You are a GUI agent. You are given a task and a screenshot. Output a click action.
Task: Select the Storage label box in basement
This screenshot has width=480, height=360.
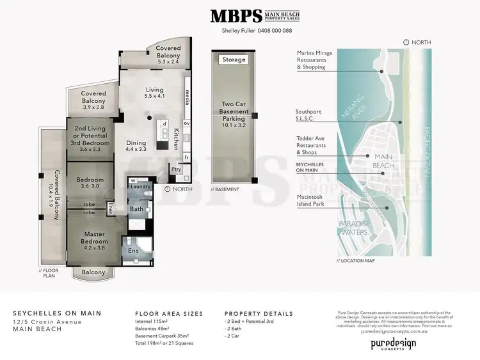point(233,59)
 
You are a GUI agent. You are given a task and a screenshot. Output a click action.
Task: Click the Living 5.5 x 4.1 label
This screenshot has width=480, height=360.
point(154,92)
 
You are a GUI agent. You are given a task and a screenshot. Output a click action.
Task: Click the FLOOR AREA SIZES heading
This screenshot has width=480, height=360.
point(169,314)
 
